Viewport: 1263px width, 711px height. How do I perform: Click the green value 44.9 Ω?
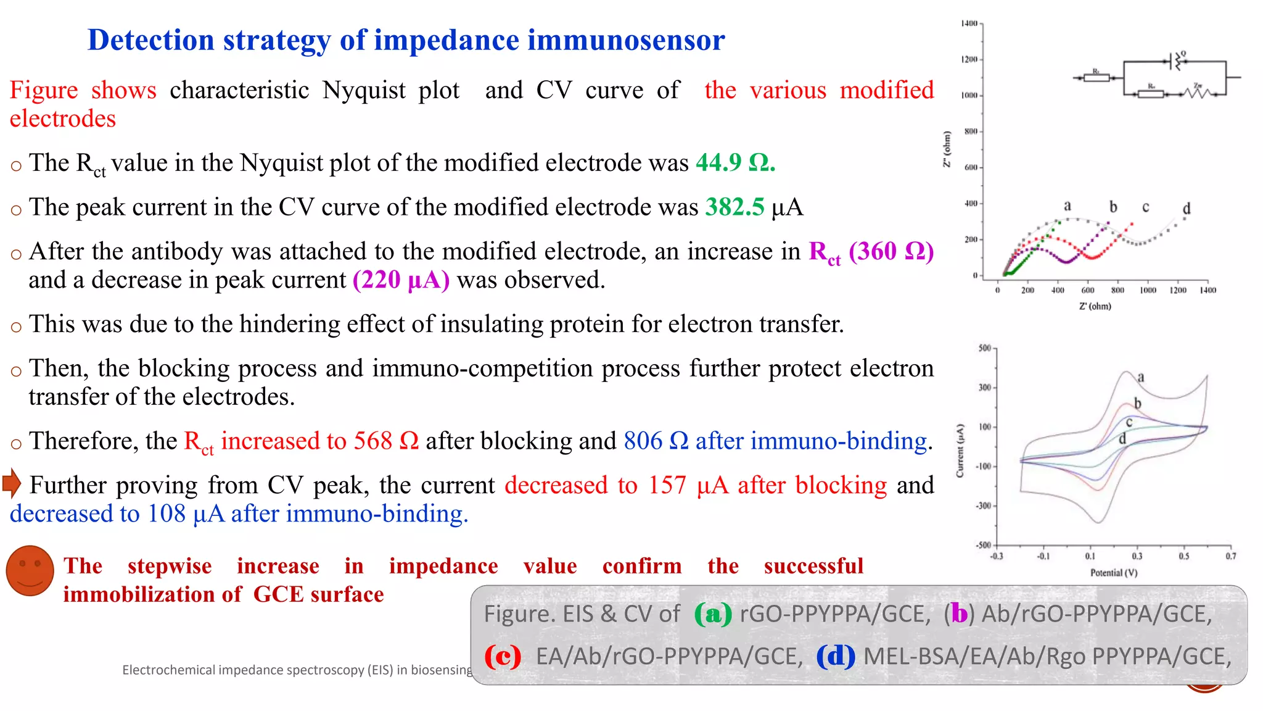tap(735, 163)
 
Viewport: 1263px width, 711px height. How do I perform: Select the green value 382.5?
tap(734, 207)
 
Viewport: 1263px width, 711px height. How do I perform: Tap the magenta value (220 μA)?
tap(401, 280)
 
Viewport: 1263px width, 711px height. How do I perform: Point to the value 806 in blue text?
tap(642, 441)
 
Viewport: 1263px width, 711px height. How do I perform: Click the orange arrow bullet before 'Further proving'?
tap(12, 483)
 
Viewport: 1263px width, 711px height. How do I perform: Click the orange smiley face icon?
tap(30, 570)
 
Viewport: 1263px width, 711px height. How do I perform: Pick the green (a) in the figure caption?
tap(712, 614)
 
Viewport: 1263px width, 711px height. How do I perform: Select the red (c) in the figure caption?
tap(502, 656)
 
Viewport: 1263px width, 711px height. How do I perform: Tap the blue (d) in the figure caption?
tap(836, 656)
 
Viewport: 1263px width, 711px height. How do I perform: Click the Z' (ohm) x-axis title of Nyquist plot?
tap(1095, 306)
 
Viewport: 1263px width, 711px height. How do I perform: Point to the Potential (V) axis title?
tap(1114, 573)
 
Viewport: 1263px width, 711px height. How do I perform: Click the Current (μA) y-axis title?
tap(960, 451)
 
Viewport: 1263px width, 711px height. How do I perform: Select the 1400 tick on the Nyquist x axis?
tap(1207, 290)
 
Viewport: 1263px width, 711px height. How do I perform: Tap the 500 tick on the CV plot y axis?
tap(984, 349)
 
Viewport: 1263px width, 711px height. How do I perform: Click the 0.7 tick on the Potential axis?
tap(1230, 556)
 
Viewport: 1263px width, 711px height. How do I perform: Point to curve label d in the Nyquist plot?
tap(1186, 209)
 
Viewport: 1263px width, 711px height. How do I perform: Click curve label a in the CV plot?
tap(1141, 377)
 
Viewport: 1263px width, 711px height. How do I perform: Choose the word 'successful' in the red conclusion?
tap(813, 566)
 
